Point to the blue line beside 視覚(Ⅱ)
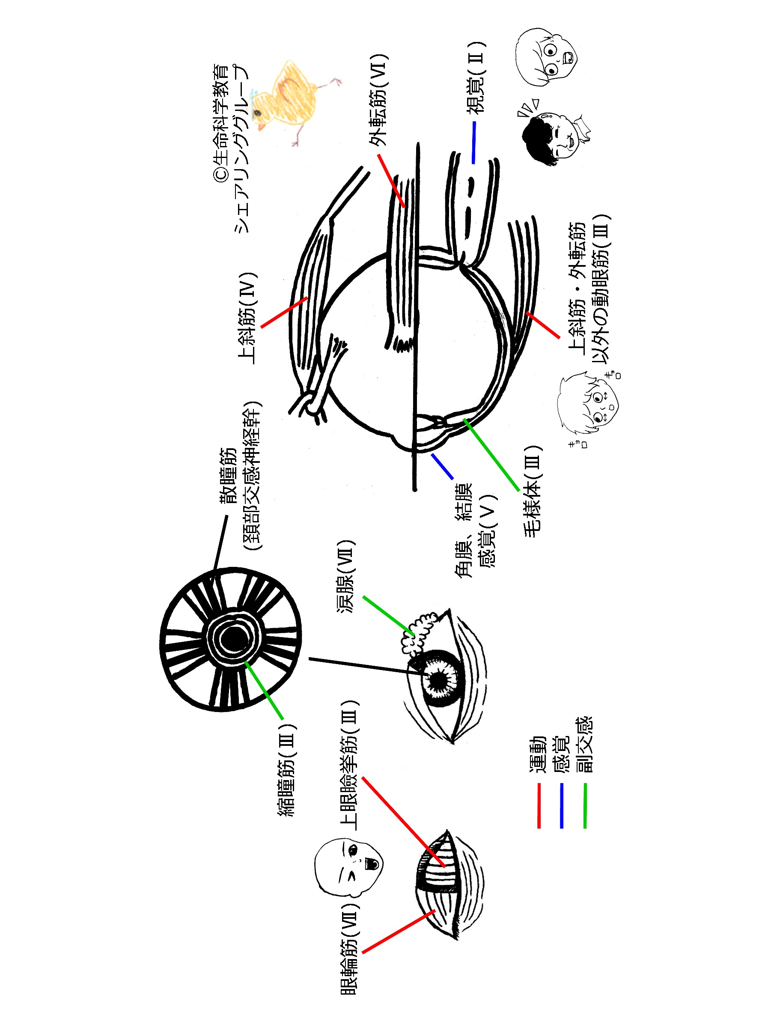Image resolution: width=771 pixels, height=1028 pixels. [473, 142]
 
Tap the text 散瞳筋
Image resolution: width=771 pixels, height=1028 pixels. [229, 477]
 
